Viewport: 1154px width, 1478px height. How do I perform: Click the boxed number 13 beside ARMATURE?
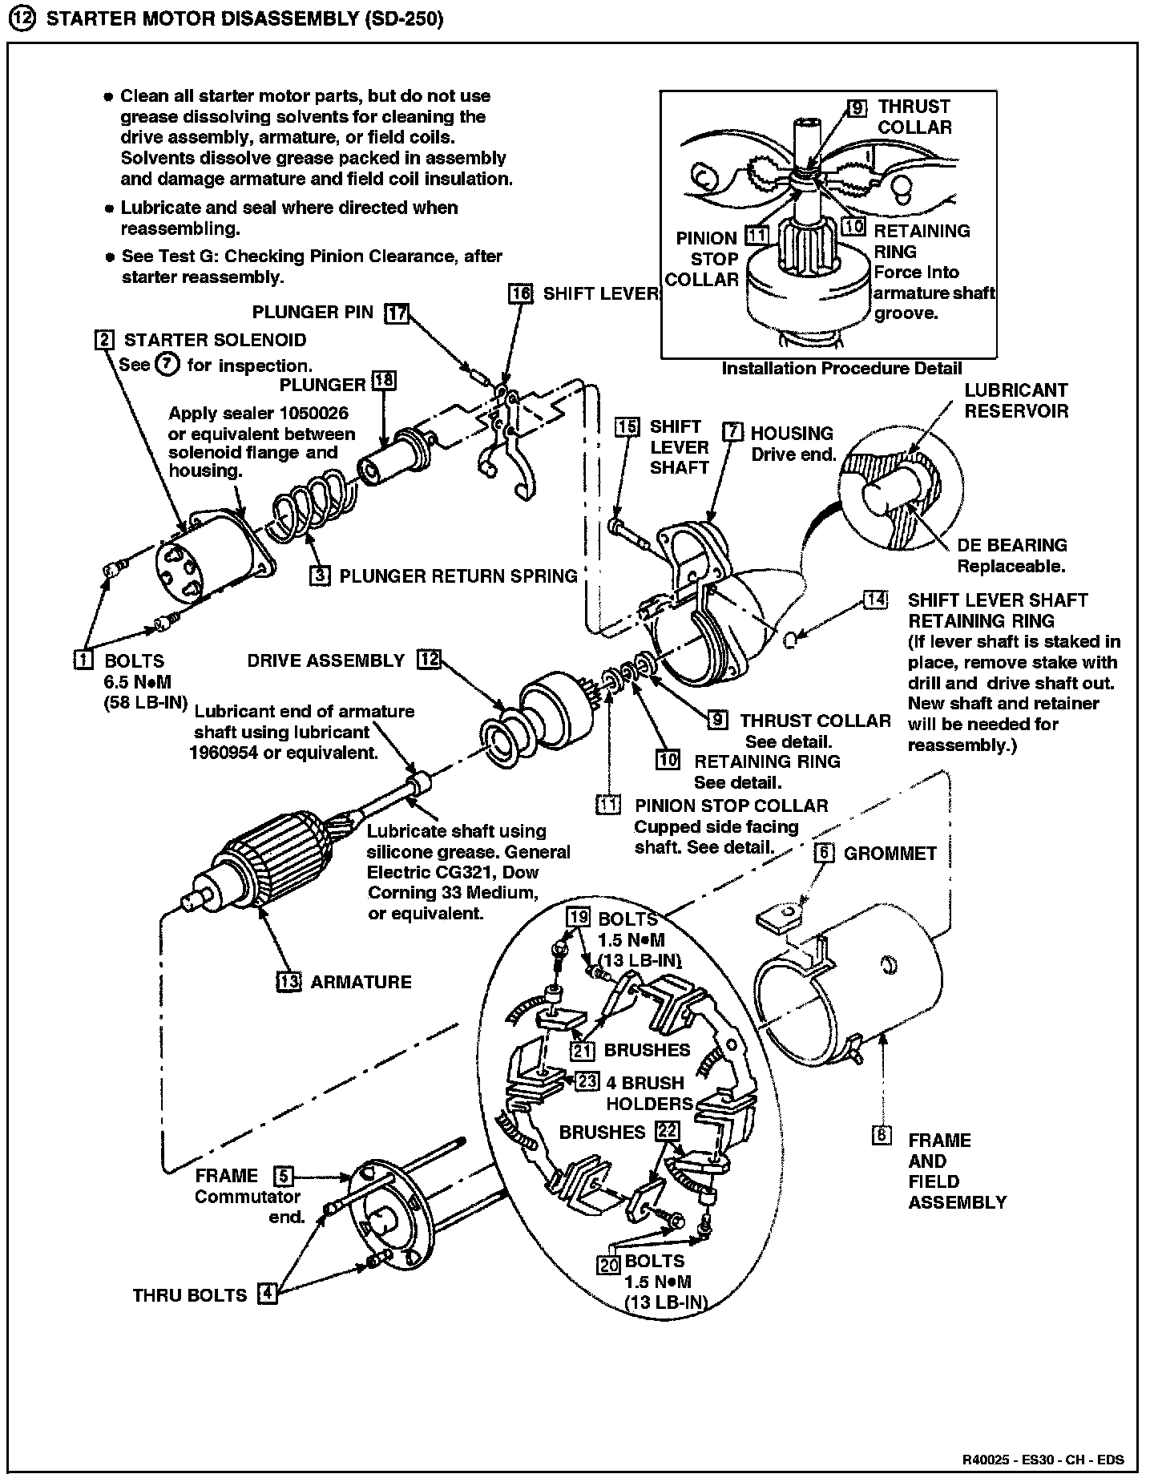(x=288, y=981)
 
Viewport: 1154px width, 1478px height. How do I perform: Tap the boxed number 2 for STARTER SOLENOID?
(x=103, y=340)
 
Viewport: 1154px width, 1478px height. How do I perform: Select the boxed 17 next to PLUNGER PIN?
(x=396, y=312)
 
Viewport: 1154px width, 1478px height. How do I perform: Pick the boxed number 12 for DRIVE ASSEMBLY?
(x=429, y=660)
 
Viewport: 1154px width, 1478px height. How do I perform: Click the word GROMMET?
(x=890, y=854)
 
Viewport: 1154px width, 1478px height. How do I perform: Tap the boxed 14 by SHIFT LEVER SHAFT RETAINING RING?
(x=876, y=600)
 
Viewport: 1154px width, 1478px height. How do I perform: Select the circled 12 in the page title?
(x=25, y=20)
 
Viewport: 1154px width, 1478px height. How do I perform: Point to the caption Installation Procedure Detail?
(x=841, y=368)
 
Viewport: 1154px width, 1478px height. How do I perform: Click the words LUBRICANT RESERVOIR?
(x=1015, y=400)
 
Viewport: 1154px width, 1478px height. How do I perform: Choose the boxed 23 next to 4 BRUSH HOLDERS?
(x=587, y=1081)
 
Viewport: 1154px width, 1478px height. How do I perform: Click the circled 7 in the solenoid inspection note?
(x=167, y=365)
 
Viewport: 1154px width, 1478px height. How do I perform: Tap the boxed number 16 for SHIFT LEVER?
(x=521, y=293)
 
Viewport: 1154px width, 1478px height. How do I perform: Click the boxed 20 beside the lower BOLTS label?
(x=609, y=1264)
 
